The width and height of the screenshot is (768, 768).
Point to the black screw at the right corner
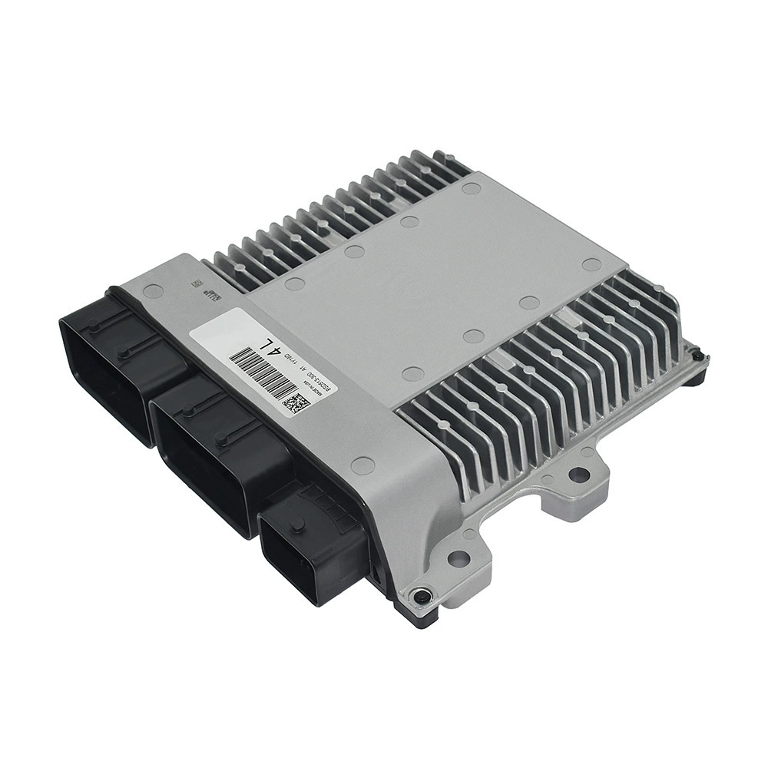click(x=697, y=356)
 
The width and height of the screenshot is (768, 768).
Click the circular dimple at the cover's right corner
click(x=591, y=264)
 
